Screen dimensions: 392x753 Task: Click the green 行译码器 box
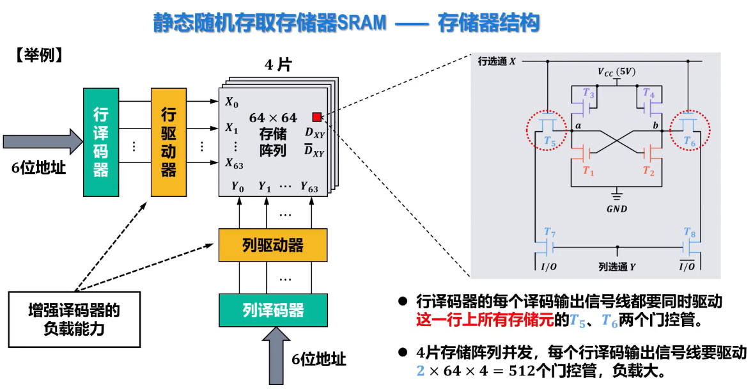[x=101, y=142]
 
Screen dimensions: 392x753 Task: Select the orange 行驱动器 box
[x=169, y=142]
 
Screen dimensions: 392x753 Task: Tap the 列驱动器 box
[x=273, y=245]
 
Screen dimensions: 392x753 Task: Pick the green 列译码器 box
[x=273, y=311]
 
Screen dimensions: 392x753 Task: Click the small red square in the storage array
[x=316, y=116]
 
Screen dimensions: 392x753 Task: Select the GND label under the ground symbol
[x=617, y=208]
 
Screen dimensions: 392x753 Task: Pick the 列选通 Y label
[x=617, y=267]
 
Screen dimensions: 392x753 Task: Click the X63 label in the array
[x=234, y=162]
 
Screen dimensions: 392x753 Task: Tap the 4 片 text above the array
[x=277, y=65]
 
